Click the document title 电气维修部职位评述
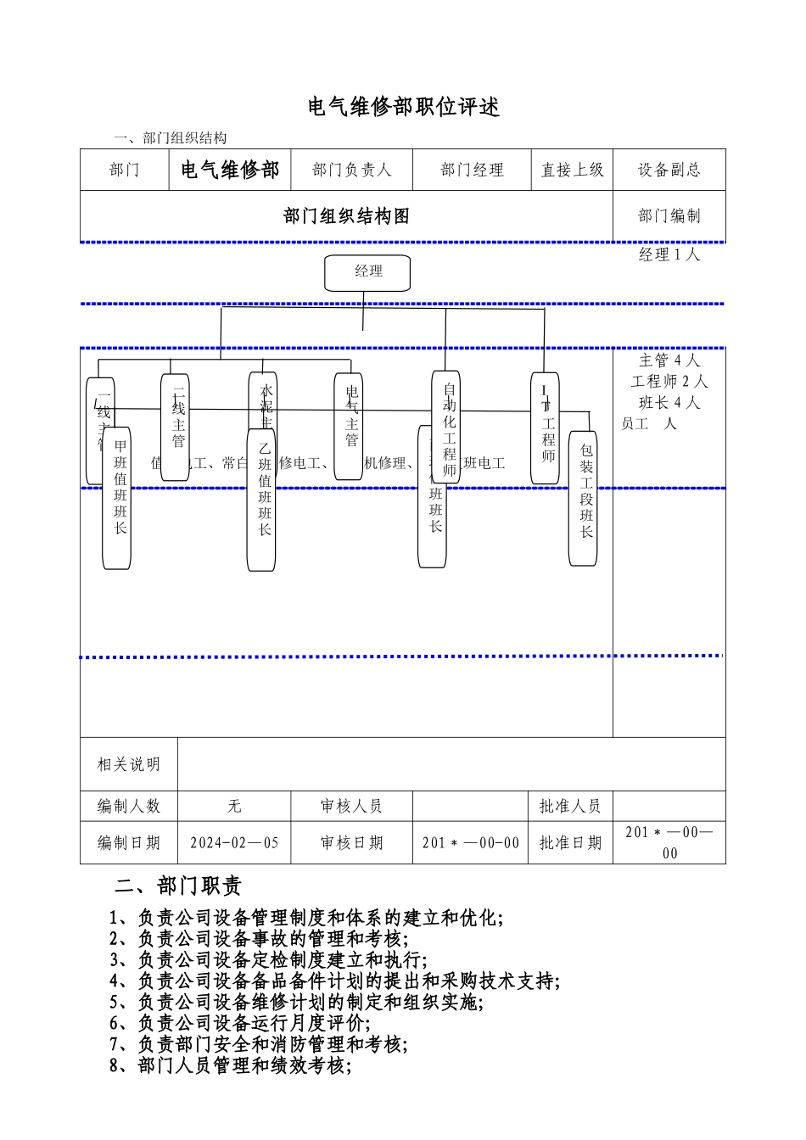pyautogui.click(x=403, y=107)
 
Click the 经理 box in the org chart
pyautogui.click(x=367, y=272)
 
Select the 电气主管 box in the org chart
pyautogui.click(x=349, y=426)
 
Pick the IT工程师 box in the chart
pyautogui.click(x=546, y=427)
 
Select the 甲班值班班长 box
pyautogui.click(x=117, y=498)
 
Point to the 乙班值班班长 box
pyautogui.click(x=261, y=500)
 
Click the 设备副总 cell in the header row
pyautogui.click(x=669, y=170)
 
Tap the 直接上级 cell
pyautogui.click(x=572, y=170)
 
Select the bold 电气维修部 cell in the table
pyautogui.click(x=230, y=170)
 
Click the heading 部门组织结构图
pyautogui.click(x=346, y=216)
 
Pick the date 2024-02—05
pyautogui.click(x=234, y=842)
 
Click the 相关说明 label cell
pyautogui.click(x=128, y=764)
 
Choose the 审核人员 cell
pyautogui.click(x=351, y=806)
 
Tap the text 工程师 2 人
pyautogui.click(x=669, y=382)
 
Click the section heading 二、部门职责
pyautogui.click(x=178, y=886)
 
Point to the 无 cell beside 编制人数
pyautogui.click(x=234, y=806)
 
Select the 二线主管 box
pyautogui.click(x=175, y=427)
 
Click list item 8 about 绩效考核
pyautogui.click(x=230, y=1065)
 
